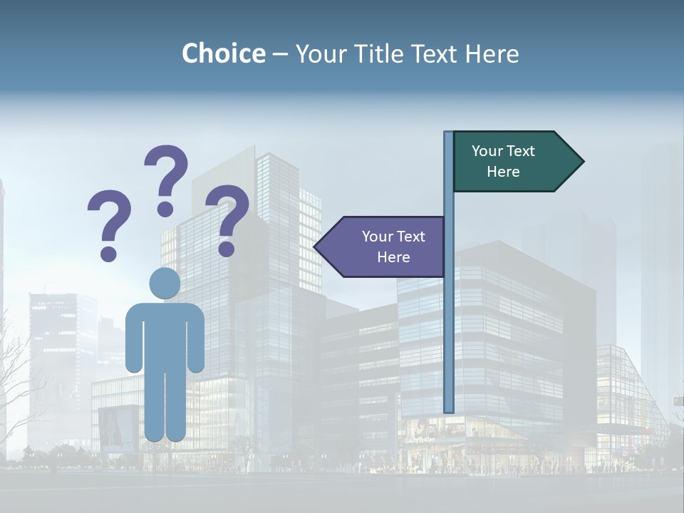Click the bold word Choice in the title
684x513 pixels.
(x=223, y=53)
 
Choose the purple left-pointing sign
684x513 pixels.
(x=388, y=247)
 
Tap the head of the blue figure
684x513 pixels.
(x=165, y=283)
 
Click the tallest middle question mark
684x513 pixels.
(x=167, y=171)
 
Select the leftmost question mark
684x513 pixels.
(x=109, y=214)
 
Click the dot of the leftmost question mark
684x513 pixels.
(x=109, y=253)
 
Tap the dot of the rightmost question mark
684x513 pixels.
(x=227, y=249)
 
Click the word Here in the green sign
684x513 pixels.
(x=503, y=172)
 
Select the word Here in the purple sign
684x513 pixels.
(x=393, y=257)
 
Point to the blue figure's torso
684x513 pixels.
(x=165, y=335)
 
